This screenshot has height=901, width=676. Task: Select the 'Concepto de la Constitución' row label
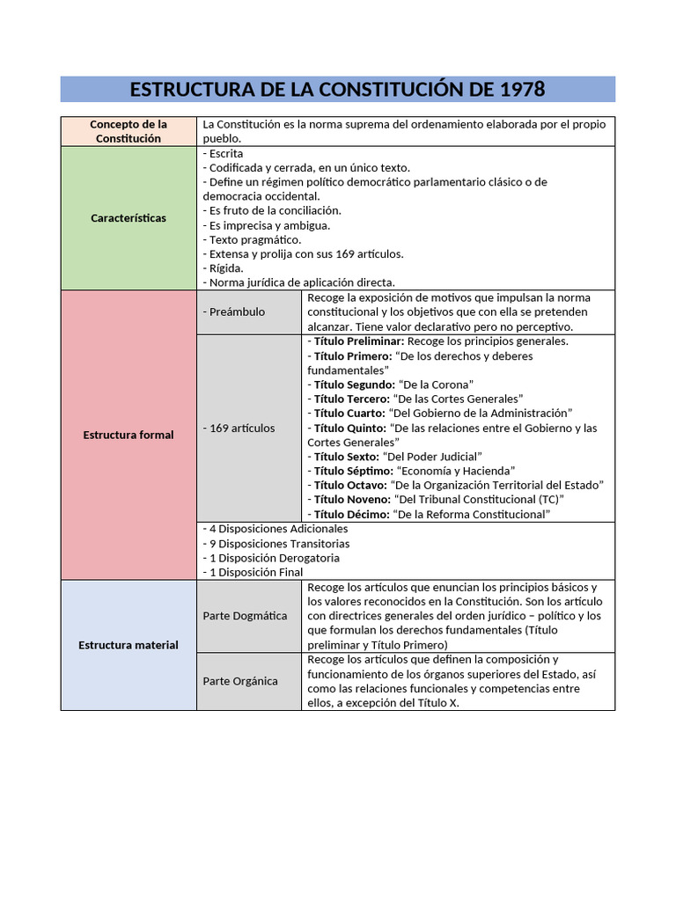[x=129, y=131]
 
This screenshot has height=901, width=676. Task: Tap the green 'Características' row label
[x=129, y=217]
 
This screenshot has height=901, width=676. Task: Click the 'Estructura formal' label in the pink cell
[x=129, y=435]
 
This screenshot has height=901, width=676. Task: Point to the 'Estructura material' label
[x=129, y=645]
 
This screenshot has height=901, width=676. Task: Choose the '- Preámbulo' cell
[x=233, y=311]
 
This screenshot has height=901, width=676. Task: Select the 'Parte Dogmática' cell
[x=245, y=616]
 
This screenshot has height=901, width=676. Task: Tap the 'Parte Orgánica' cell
[x=240, y=681]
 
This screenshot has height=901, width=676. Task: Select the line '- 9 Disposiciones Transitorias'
[x=276, y=544]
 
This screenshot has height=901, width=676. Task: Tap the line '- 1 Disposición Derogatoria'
[x=271, y=558]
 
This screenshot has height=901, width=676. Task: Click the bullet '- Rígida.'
[x=224, y=268]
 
